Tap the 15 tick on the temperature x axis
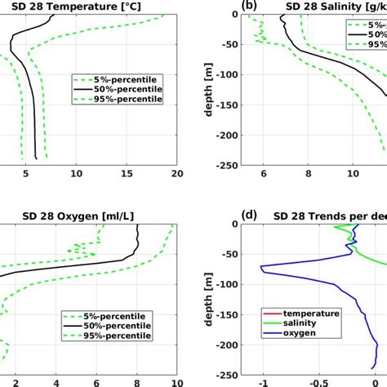click(127, 173)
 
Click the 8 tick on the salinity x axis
click(309, 173)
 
